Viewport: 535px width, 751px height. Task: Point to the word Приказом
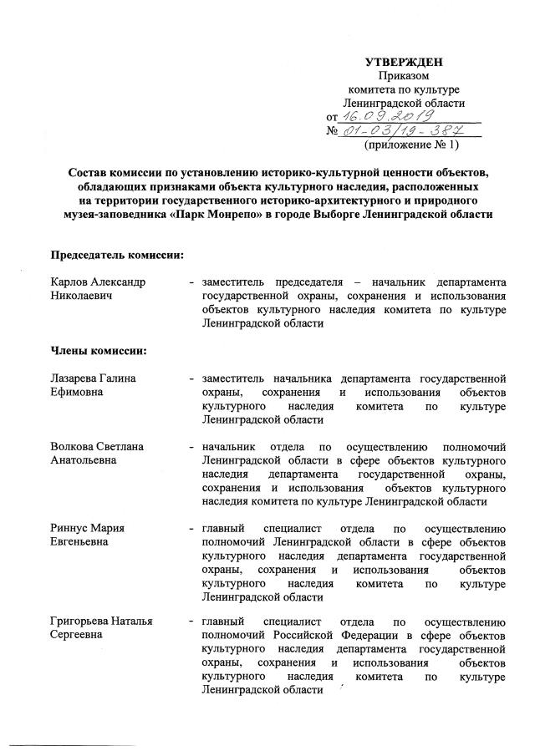point(405,76)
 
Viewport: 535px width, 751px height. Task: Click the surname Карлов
point(69,282)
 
